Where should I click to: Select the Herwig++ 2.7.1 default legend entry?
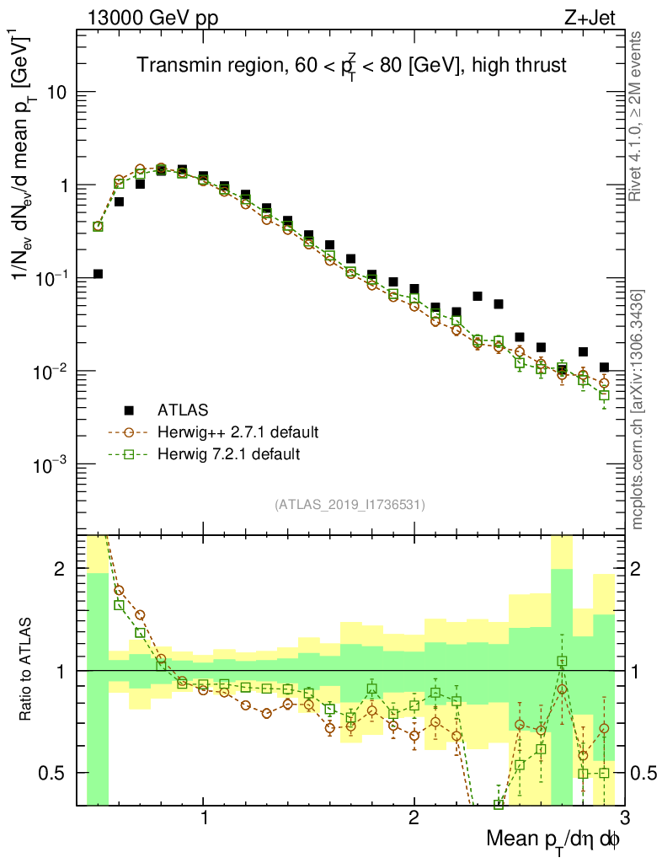(x=238, y=432)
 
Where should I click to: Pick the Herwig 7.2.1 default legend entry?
(x=229, y=454)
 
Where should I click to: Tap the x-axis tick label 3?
(x=623, y=819)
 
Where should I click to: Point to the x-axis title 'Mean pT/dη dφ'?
(x=553, y=839)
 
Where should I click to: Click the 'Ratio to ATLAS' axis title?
(x=27, y=670)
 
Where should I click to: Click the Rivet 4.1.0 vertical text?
(x=637, y=116)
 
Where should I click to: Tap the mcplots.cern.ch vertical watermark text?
(x=638, y=409)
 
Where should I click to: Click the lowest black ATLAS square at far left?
(x=98, y=274)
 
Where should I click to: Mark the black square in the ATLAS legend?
(x=129, y=410)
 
